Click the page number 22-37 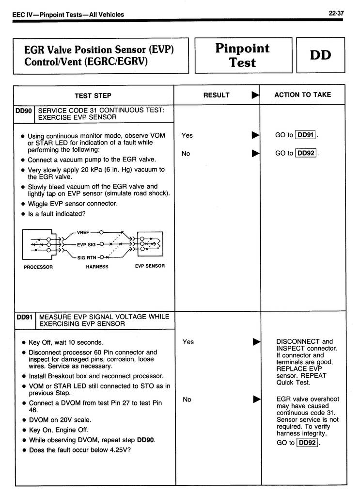(336, 14)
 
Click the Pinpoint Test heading (242, 55)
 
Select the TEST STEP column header (93, 95)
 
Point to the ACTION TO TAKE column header (303, 95)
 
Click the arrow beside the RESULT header (255, 95)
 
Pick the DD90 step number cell (23, 111)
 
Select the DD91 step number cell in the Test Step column (24, 317)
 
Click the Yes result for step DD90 (187, 136)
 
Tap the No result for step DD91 (187, 400)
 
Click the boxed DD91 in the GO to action (306, 135)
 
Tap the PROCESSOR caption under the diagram (38, 267)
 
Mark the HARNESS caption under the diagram (97, 267)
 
